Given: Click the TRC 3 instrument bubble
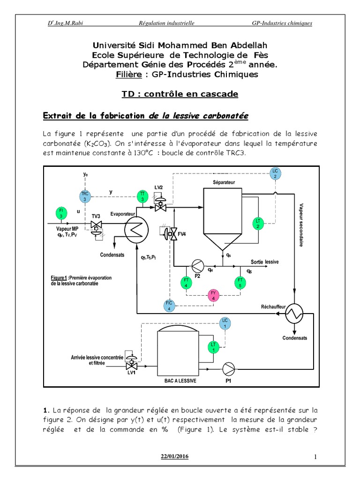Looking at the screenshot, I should [85, 196].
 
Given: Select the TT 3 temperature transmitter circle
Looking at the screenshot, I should [142, 197].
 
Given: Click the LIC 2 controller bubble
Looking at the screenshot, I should [276, 172].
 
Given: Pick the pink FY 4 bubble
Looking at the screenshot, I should [213, 295].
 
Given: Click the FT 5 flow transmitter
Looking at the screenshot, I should [240, 283].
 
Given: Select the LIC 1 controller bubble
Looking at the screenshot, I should [225, 323].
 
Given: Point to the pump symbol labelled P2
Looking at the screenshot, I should [197, 266].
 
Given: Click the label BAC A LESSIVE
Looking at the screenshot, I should [177, 381].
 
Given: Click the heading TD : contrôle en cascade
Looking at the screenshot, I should [180, 94].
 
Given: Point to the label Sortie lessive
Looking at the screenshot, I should [264, 262].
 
